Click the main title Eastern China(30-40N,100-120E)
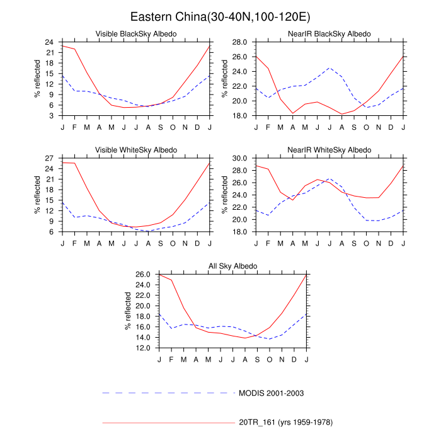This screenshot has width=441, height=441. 220,16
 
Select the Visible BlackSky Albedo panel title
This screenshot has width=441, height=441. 135,33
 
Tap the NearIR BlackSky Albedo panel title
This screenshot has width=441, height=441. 330,33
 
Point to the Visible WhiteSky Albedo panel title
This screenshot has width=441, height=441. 135,150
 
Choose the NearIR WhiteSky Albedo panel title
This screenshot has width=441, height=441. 330,150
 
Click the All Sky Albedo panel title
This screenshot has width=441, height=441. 232,266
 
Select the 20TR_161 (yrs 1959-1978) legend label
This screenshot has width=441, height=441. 285,421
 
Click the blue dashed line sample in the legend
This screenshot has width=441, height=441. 168,392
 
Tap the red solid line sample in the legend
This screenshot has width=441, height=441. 168,421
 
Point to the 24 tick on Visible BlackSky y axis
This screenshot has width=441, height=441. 50,42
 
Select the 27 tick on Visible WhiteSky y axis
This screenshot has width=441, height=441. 50,158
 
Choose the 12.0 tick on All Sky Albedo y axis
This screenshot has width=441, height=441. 144,348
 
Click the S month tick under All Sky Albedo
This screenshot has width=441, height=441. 257,359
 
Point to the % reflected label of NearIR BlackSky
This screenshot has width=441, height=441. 225,79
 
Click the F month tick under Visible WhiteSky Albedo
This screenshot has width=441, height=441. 74,243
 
